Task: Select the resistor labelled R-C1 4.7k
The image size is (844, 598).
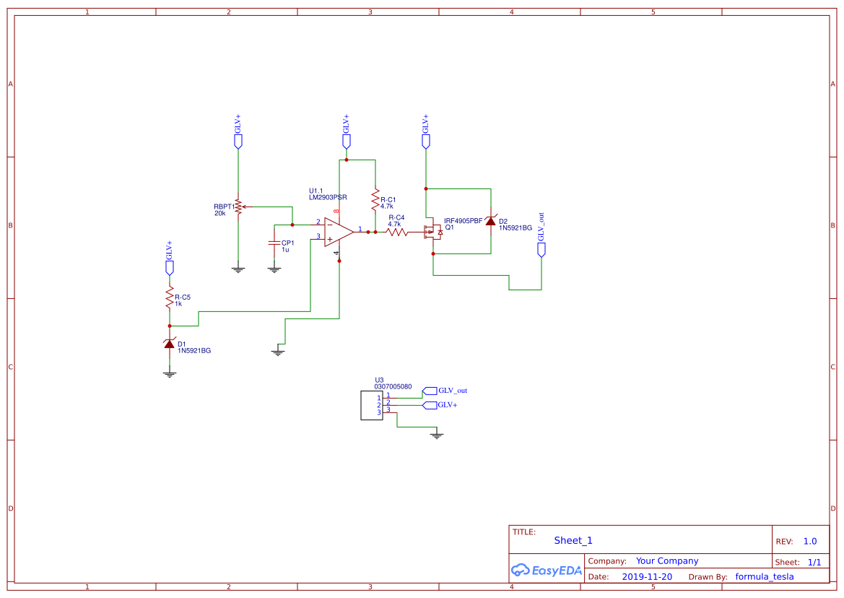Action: pos(375,200)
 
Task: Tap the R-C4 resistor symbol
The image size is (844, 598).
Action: pos(397,233)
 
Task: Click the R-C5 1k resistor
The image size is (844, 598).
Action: pos(170,298)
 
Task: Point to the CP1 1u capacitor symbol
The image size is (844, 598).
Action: pos(274,243)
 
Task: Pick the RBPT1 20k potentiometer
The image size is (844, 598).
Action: pos(238,208)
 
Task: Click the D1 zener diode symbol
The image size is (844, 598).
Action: pos(170,344)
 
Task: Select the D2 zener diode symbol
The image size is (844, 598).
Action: pos(491,221)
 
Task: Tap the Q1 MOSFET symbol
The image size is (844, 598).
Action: pos(432,233)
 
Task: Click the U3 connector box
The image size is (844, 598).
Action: pos(372,405)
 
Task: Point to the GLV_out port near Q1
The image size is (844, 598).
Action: pos(541,249)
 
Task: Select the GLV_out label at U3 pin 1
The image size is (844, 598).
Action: pos(452,391)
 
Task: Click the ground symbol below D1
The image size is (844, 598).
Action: pos(170,373)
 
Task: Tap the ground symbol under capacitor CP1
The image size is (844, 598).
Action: pos(274,269)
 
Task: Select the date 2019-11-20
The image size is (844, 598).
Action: pos(647,577)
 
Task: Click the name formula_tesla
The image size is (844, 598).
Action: pos(764,577)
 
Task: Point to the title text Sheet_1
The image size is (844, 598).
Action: pos(573,540)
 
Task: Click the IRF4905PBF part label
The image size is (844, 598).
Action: pos(463,221)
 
